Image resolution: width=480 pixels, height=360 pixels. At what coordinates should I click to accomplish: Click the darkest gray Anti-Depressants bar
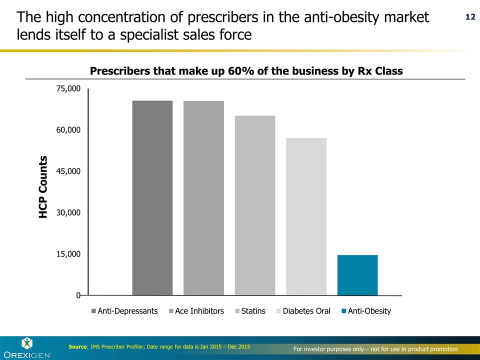pyautogui.click(x=152, y=197)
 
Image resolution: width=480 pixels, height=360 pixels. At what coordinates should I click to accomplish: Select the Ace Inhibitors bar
pyautogui.click(x=203, y=197)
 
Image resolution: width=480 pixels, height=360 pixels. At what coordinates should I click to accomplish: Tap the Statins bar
pyautogui.click(x=255, y=205)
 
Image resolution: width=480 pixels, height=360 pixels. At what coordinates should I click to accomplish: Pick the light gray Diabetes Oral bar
pyautogui.click(x=306, y=216)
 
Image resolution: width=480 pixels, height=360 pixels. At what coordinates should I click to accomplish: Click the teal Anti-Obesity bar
pyautogui.click(x=357, y=275)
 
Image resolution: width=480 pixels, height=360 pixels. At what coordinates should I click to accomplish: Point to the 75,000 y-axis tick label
pyautogui.click(x=68, y=88)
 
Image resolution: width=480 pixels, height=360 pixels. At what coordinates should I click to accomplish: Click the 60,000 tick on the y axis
pyautogui.click(x=68, y=130)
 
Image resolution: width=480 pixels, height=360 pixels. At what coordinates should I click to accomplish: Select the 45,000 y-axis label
pyautogui.click(x=68, y=171)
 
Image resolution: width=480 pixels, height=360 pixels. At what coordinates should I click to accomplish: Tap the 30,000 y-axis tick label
pyautogui.click(x=68, y=212)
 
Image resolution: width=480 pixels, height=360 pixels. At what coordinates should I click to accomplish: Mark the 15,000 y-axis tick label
pyautogui.click(x=68, y=254)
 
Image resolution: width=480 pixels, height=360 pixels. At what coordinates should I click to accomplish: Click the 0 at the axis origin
pyautogui.click(x=78, y=295)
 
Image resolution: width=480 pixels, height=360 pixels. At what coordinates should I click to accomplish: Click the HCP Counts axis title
pyautogui.click(x=43, y=186)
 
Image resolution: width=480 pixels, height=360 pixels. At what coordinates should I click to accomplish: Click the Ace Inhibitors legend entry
pyautogui.click(x=199, y=311)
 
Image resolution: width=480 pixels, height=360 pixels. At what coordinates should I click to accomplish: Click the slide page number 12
pyautogui.click(x=470, y=17)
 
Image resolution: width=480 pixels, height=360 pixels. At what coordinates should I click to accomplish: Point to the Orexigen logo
pyautogui.click(x=27, y=348)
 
